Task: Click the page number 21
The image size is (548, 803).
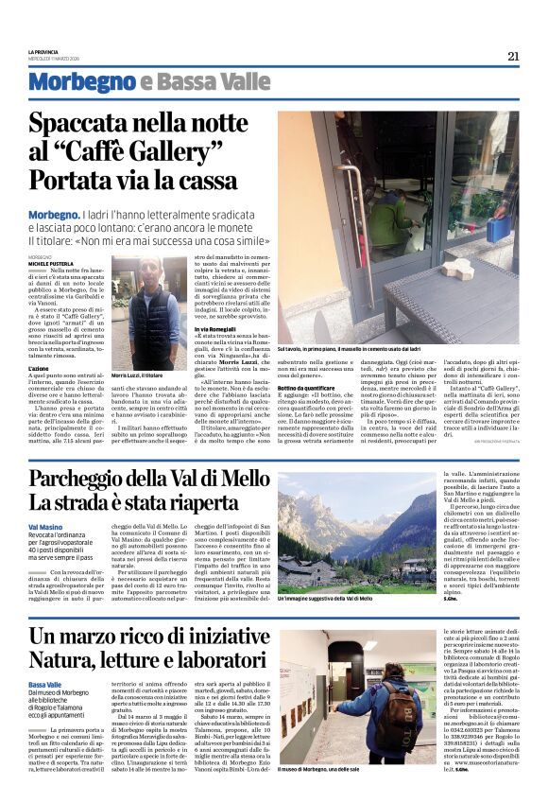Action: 513,55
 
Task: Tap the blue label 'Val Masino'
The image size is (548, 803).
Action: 45,525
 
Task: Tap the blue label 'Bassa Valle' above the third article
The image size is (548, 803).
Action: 46,684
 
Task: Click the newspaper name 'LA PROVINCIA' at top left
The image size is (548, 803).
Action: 43,52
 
